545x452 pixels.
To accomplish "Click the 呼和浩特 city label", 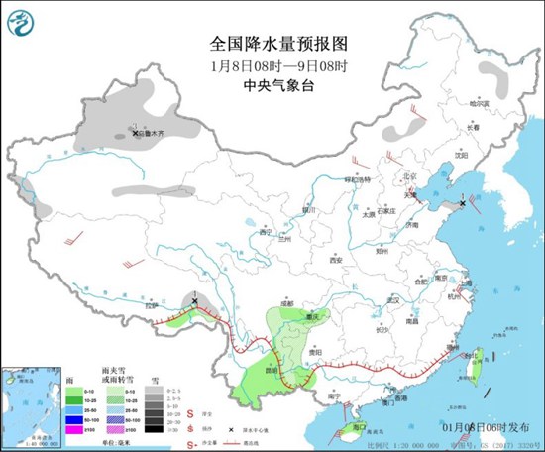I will click(x=356, y=180).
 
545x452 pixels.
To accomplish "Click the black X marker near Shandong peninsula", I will click(x=463, y=202).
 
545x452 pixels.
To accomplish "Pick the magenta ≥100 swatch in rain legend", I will click(x=74, y=431).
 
